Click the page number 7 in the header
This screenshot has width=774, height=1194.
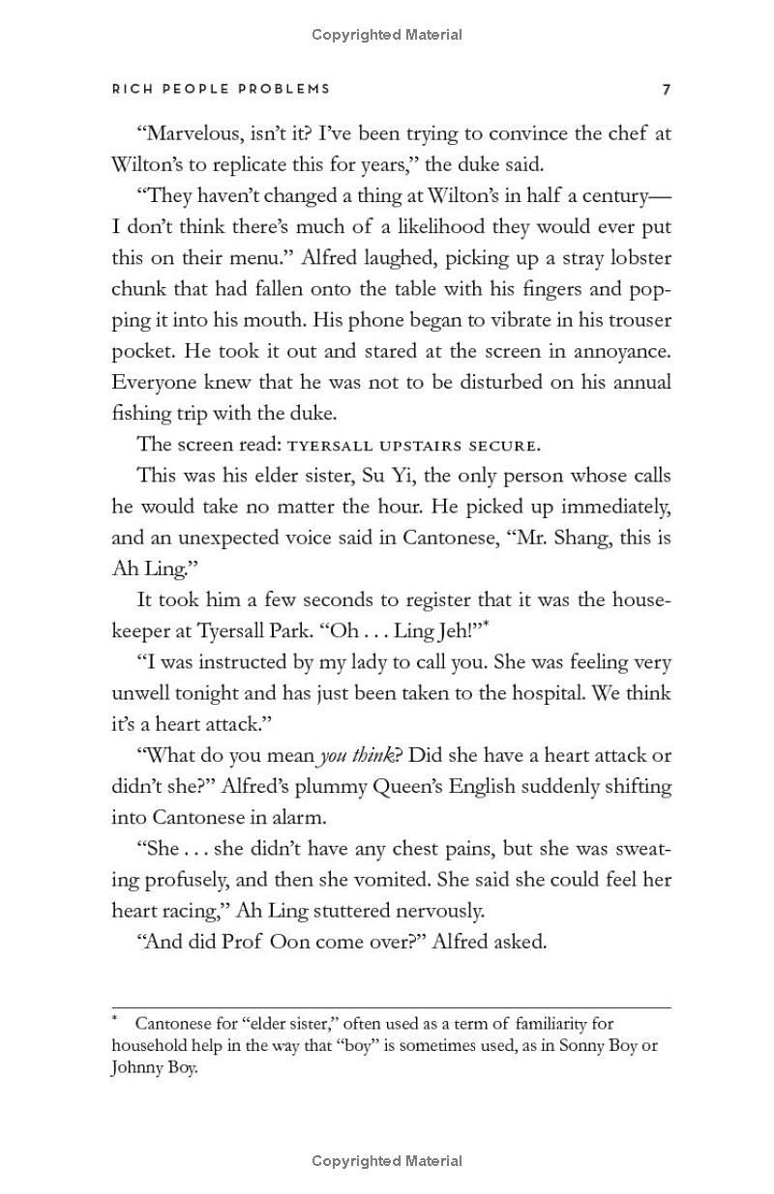tap(666, 90)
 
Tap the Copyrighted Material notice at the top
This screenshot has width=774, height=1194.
tap(387, 35)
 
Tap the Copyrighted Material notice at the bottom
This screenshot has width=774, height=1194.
tap(387, 1161)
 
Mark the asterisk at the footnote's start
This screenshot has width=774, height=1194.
tap(115, 1019)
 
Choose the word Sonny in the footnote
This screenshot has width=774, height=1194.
tap(557, 1046)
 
